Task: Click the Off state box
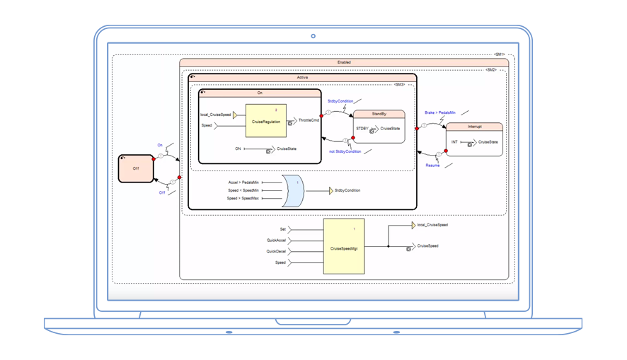[x=136, y=168]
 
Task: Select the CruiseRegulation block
[x=265, y=122]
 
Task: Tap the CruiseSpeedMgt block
[x=343, y=246]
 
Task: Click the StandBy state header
[x=379, y=113]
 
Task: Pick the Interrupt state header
[x=474, y=126]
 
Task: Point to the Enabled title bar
[x=344, y=62]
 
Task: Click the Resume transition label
[x=433, y=164]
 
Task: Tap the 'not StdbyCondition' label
[x=345, y=151]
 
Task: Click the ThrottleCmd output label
[x=309, y=121]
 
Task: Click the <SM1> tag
[x=498, y=55]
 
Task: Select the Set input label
[x=282, y=229]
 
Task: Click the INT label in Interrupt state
[x=454, y=142]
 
